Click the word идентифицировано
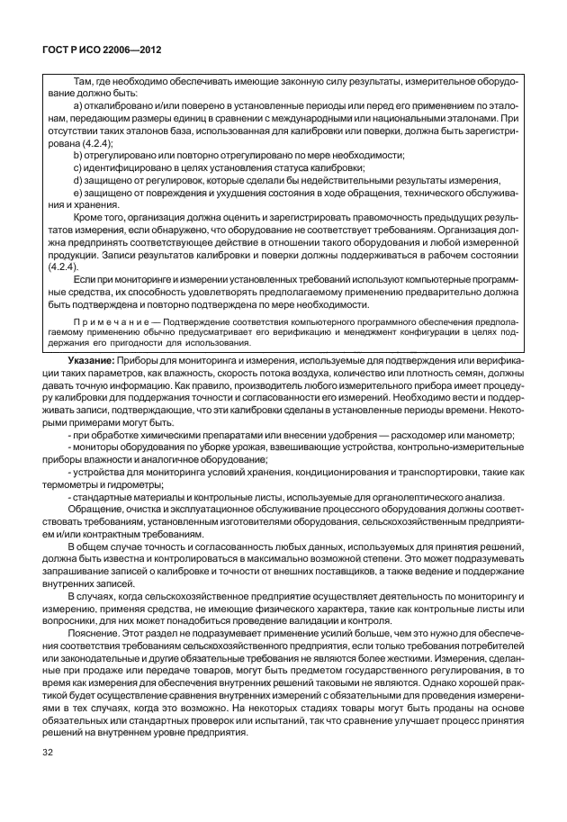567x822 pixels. coord(125,167)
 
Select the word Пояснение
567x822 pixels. coord(98,633)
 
